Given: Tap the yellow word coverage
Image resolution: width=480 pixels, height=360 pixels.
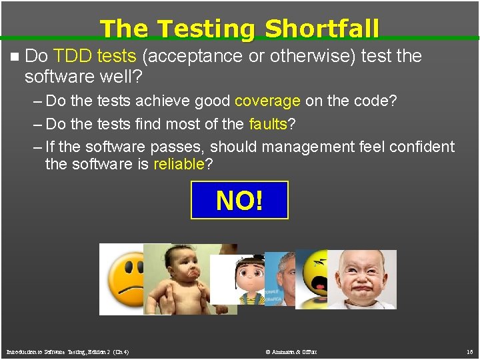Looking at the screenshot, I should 267,101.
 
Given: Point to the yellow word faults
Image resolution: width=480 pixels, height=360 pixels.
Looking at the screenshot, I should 267,124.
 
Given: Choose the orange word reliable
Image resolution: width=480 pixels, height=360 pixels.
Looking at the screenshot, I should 179,165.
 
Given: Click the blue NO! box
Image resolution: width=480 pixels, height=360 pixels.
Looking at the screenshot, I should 239,200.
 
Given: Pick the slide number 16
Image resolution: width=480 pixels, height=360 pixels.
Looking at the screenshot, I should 469,351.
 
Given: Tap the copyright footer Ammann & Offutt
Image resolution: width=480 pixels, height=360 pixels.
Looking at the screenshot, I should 291,351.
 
